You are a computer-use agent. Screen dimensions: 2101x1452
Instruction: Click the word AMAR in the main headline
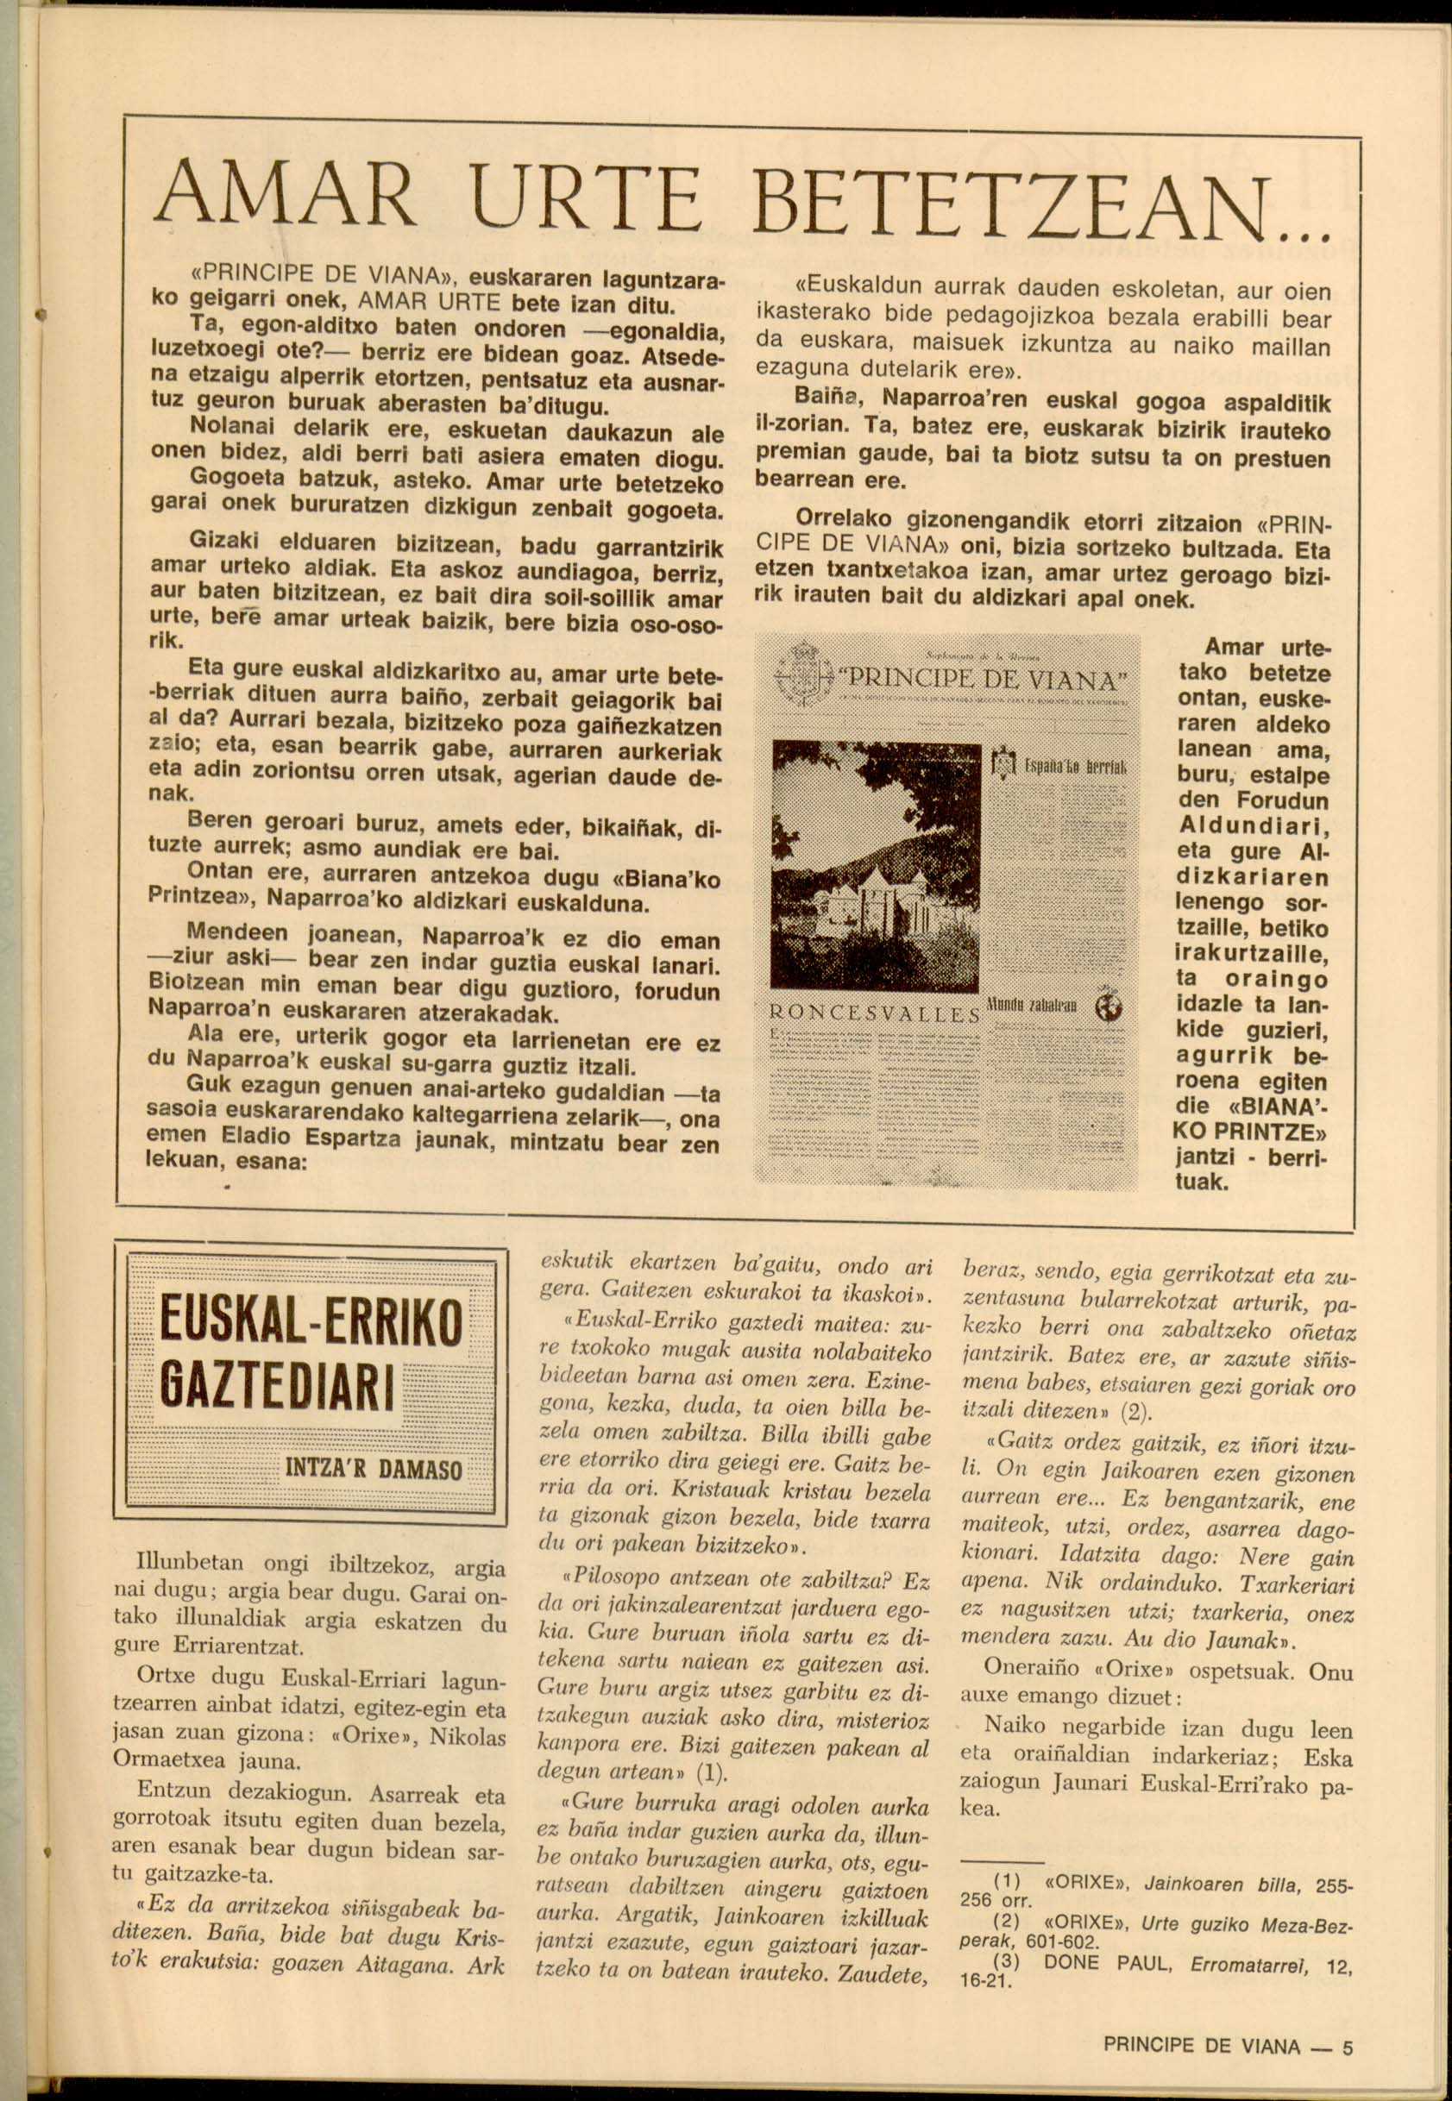click(x=284, y=194)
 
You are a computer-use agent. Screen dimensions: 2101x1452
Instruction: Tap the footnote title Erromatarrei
click(x=1254, y=1965)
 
